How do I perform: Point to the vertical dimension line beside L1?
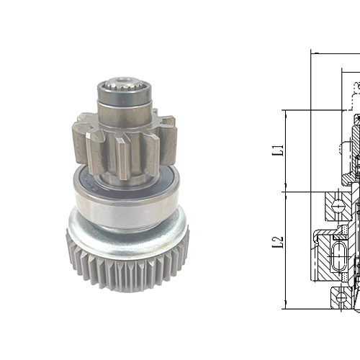click(286, 151)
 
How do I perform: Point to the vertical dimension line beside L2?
click(286, 248)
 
